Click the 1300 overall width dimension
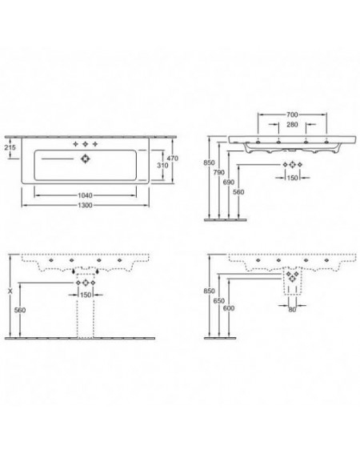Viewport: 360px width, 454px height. point(85,205)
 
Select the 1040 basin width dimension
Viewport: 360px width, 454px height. point(85,195)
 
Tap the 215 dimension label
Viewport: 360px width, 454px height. point(10,147)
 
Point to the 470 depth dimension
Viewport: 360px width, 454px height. point(173,159)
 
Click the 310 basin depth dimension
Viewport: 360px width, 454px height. point(162,165)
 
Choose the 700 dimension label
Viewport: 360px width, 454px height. point(292,115)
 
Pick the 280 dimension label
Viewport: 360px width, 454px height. point(292,124)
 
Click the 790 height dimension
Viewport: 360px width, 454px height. point(218,172)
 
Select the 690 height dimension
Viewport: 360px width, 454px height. point(229,182)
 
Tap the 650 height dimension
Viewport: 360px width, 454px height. point(218,301)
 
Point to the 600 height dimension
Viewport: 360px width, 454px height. point(229,308)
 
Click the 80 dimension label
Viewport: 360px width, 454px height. point(292,310)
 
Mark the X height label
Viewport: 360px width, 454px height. point(10,291)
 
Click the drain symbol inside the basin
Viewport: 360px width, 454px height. point(85,159)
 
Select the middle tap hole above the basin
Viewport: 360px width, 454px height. point(85,144)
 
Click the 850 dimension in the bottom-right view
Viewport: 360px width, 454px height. point(209,291)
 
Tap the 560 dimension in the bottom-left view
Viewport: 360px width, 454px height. point(20,310)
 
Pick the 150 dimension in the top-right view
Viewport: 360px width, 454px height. point(292,178)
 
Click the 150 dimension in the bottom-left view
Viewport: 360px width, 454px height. point(86,295)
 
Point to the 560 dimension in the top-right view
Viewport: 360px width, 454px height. point(238,192)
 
